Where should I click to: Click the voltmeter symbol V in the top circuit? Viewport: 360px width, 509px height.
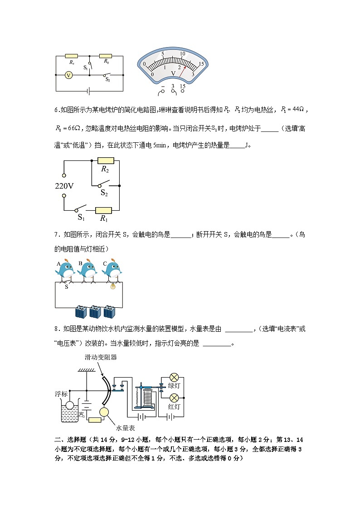pyautogui.click(x=68, y=75)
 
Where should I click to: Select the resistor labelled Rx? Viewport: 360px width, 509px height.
pyautogui.click(x=72, y=56)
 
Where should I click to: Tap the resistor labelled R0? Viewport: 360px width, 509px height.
pyautogui.click(x=106, y=56)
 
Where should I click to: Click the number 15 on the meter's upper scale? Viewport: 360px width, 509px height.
pyautogui.click(x=201, y=64)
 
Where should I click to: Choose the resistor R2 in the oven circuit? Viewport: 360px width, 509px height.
pyautogui.click(x=105, y=160)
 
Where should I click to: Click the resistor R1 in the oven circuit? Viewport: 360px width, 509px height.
pyautogui.click(x=104, y=210)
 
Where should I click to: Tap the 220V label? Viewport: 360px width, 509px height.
pyautogui.click(x=64, y=186)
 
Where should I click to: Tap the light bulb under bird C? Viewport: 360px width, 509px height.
pyautogui.click(x=114, y=286)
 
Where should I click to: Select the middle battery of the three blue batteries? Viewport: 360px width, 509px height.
pyautogui.click(x=96, y=311)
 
